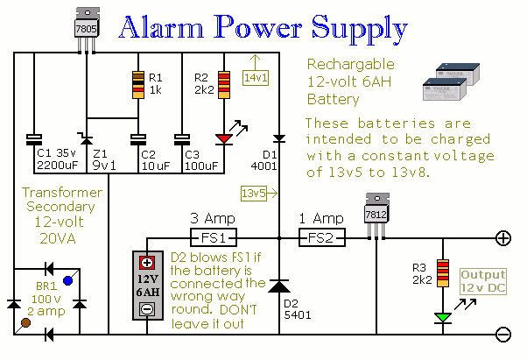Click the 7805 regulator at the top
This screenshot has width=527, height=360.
[86, 28]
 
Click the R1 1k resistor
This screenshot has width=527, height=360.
[137, 85]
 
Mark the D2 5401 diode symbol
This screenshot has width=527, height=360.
[278, 286]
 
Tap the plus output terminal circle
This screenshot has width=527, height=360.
[503, 237]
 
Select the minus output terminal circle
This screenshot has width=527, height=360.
[503, 334]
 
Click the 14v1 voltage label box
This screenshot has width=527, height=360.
[256, 78]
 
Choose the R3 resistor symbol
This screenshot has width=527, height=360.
[442, 272]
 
